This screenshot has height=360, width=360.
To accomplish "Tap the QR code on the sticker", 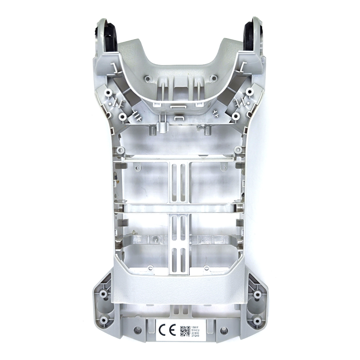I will click(185, 329).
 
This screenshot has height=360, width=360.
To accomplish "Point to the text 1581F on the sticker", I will click(195, 323).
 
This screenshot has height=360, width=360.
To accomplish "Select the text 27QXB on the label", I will click(195, 336).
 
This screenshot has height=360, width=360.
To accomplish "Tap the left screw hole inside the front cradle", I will click(147, 78).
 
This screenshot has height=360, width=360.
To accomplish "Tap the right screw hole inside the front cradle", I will click(214, 78).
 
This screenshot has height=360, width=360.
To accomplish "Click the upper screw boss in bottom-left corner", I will click(103, 294).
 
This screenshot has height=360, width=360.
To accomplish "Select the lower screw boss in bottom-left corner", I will click(104, 320).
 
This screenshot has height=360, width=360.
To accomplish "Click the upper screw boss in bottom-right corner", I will click(257, 294).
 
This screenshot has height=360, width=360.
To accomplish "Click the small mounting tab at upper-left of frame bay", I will click(121, 149).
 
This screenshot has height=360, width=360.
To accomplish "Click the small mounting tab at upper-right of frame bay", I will click(238, 149).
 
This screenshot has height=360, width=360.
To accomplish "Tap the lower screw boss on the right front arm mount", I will click(236, 116).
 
